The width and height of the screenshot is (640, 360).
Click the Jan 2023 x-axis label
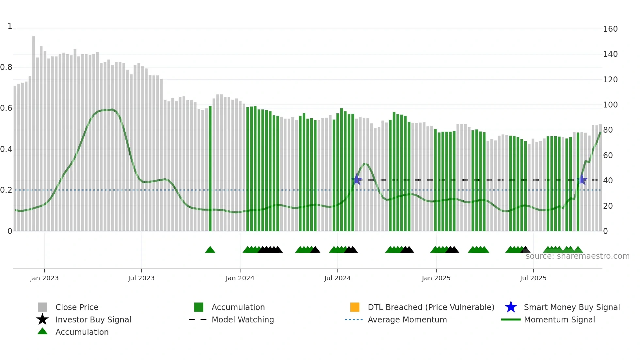point(44,278)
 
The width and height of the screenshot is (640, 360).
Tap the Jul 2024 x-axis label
point(337,278)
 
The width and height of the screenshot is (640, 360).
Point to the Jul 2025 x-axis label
point(533,278)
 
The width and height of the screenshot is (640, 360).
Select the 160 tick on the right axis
point(610,29)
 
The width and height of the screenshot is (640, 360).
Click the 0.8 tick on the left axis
point(6,67)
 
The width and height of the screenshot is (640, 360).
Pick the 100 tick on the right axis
point(610,105)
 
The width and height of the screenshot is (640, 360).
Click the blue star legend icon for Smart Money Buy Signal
point(511,307)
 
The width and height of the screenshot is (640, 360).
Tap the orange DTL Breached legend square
point(355,307)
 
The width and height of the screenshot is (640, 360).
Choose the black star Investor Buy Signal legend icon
point(42,319)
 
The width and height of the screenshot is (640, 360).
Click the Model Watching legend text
point(243,319)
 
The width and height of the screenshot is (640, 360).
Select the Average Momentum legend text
point(407,319)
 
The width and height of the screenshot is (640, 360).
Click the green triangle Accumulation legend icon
point(42,331)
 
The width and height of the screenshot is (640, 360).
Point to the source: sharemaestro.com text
point(577,256)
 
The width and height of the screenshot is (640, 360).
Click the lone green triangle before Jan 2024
point(210,250)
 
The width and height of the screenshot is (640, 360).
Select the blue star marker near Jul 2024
point(357,179)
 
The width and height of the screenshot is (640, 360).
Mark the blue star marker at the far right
point(582,179)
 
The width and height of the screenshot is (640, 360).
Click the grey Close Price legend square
point(42,307)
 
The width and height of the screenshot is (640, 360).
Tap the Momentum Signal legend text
point(559,319)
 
